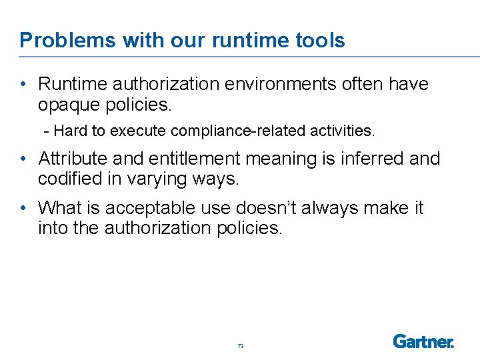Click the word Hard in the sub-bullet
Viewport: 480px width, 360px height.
point(75,131)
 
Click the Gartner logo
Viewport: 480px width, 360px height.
point(423,341)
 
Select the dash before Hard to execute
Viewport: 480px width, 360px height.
point(47,131)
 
